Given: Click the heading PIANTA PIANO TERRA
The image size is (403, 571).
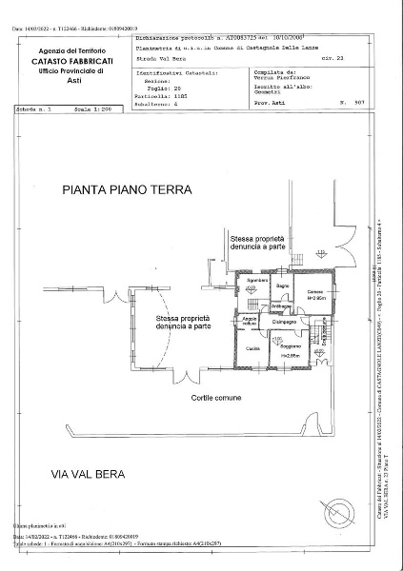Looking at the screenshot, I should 127,189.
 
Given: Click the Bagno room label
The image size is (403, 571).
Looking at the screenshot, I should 283,286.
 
